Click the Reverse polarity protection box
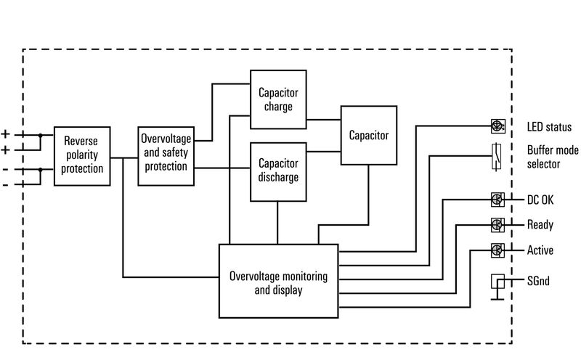[82, 155]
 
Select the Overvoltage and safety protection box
[166, 155]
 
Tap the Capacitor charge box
[278, 100]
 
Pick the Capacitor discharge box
[278, 171]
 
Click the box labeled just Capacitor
[369, 135]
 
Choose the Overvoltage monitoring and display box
[278, 281]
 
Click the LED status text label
[549, 128]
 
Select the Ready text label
[540, 225]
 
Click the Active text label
[540, 250]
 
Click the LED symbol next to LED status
[497, 126]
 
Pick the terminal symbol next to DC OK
[497, 200]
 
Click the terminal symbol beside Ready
[497, 224]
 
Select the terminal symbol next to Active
[497, 250]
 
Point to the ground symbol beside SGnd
[497, 285]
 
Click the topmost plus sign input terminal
[6, 134]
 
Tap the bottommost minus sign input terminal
[6, 184]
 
